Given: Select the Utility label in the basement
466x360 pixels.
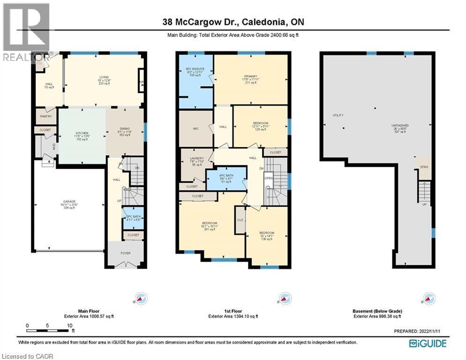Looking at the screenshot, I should tap(338, 115).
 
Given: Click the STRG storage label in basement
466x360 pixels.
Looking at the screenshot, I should tap(424, 167).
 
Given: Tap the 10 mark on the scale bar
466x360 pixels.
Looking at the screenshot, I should tap(69, 325).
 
